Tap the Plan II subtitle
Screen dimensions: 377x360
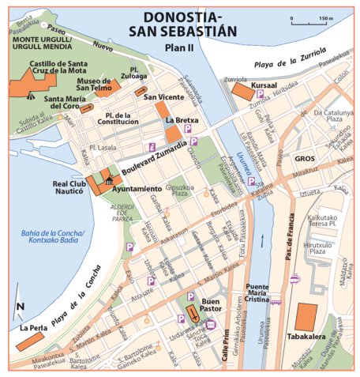(x=180, y=47)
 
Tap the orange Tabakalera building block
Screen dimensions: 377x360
(x=306, y=317)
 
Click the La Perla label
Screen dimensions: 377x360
(x=33, y=326)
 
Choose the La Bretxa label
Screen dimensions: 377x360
(x=182, y=120)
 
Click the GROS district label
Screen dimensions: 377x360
(x=305, y=158)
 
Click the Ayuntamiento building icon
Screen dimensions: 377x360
(x=102, y=181)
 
